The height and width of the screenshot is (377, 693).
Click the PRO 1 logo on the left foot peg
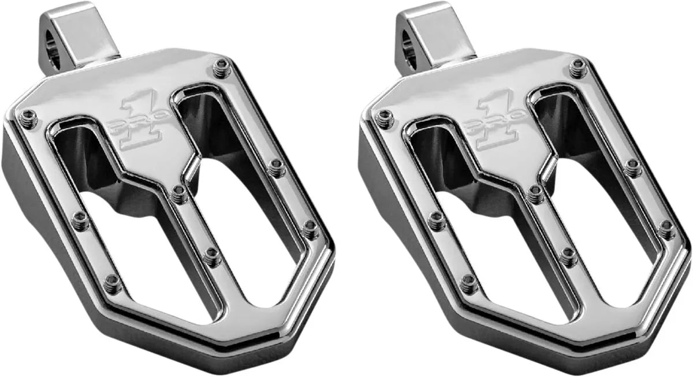coord(141,122)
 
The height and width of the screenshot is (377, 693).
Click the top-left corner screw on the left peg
coord(29,118)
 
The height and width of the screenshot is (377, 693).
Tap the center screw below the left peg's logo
coord(179,195)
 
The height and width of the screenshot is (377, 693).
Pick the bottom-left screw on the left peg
coord(113,283)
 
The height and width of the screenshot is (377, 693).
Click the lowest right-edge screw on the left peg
coord(310,230)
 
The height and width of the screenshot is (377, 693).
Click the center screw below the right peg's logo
coord(535,195)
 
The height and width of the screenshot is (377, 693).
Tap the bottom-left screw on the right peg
coord(469,283)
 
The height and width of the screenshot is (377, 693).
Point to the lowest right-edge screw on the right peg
coord(666,230)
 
